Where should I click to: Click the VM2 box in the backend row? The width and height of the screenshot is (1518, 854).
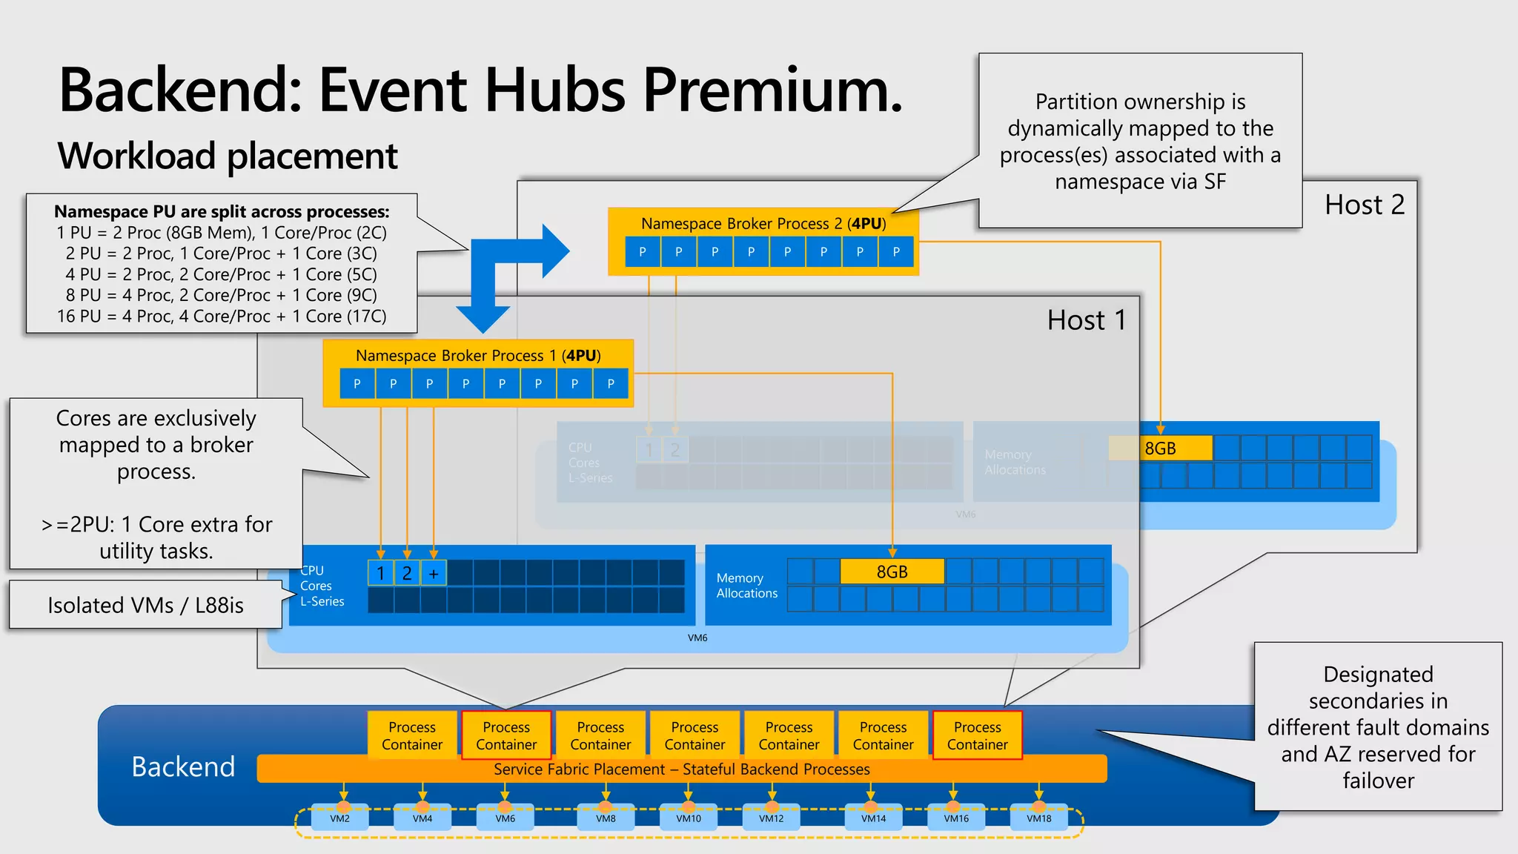(x=340, y=818)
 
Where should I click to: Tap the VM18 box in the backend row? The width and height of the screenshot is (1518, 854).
(x=1039, y=818)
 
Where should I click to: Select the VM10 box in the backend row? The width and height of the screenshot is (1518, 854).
(x=689, y=818)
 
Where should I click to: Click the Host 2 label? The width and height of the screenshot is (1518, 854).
(x=1364, y=205)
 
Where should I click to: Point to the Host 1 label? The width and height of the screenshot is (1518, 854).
(x=1086, y=320)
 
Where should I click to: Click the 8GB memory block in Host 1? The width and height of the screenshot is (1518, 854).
(x=892, y=572)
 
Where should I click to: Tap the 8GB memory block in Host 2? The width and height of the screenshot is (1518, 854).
(x=1161, y=448)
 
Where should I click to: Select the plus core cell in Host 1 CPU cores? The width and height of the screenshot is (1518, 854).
(x=434, y=573)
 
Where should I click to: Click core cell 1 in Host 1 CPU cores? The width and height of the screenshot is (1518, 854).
(x=381, y=573)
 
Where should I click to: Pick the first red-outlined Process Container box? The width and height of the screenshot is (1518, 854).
(x=506, y=735)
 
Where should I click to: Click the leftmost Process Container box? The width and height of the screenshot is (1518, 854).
(x=412, y=735)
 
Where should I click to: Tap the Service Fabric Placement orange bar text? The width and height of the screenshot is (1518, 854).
(x=682, y=769)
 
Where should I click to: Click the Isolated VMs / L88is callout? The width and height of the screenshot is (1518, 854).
(x=146, y=605)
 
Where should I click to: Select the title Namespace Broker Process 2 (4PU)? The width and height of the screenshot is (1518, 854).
(x=763, y=223)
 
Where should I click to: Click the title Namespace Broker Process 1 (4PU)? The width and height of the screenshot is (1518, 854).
(x=478, y=355)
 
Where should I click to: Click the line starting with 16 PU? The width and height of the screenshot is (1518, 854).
(x=222, y=316)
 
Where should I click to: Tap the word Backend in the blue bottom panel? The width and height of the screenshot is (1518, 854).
(x=183, y=767)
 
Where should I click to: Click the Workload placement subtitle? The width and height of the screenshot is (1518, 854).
(x=228, y=156)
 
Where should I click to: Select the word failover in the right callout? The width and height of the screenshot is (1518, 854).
(x=1378, y=781)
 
